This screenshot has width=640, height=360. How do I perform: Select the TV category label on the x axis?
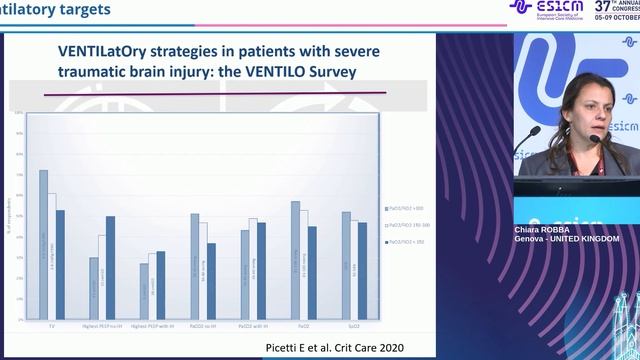coord(52,325)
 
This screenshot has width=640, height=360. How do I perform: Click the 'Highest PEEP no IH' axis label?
coord(101,325)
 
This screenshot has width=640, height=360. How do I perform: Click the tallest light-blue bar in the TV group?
coord(43,245)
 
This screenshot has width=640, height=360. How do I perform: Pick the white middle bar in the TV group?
coord(52,256)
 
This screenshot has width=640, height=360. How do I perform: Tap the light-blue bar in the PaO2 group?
coord(295,260)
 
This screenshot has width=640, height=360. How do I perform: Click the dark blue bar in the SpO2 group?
coord(362,270)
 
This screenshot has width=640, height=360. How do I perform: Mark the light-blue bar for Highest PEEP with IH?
coord(143,291)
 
